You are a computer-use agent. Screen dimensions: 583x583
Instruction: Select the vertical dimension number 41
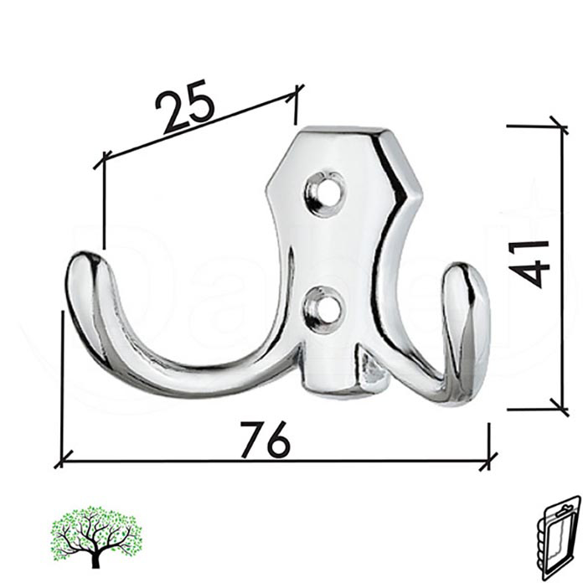532,263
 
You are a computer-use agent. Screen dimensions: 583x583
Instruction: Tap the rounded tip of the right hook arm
466,280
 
